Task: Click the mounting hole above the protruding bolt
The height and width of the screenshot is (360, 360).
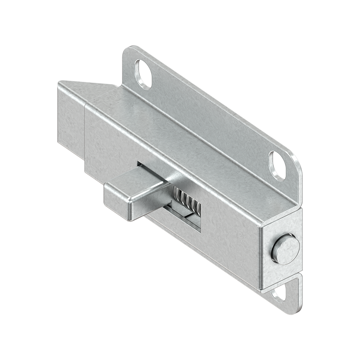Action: point(144,73)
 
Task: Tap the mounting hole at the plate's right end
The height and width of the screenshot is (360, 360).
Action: point(278,166)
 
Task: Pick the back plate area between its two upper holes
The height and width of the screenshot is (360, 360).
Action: point(211,112)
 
